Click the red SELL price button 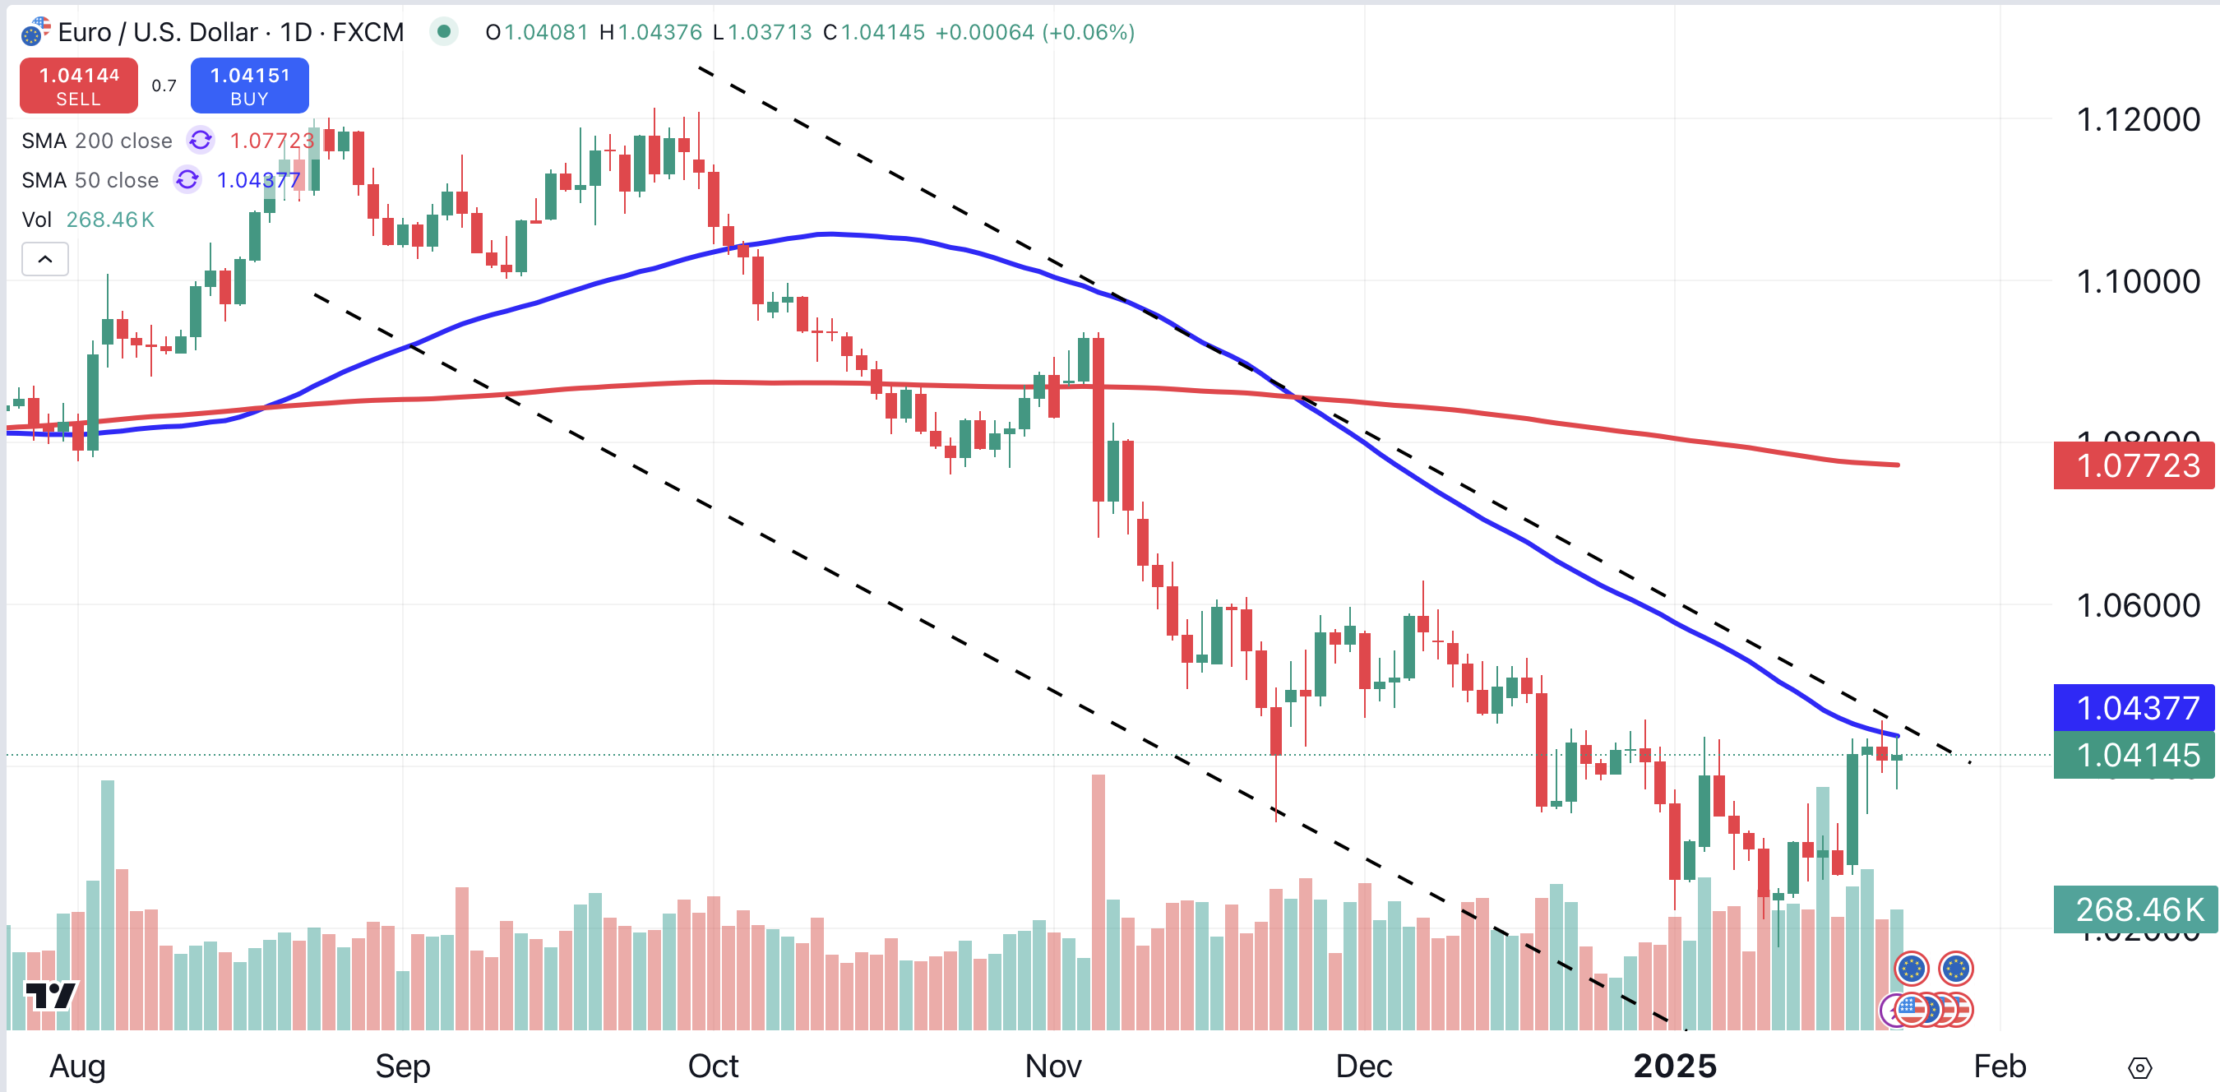pos(78,86)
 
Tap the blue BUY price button pos(249,86)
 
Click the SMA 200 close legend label pos(96,141)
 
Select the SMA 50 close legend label pos(90,180)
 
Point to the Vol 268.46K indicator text pos(88,220)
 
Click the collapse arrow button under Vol pos(45,258)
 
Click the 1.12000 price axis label pos(2137,120)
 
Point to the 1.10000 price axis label pos(2137,282)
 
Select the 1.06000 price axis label pos(2137,606)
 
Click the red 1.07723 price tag pos(2134,465)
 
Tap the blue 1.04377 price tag pos(2134,708)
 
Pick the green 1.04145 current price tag pos(2134,755)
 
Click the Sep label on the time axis pos(402,1067)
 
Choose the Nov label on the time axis pos(1053,1067)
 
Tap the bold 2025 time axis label pos(1675,1067)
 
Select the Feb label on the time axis pos(2000,1067)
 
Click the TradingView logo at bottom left pos(51,996)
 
